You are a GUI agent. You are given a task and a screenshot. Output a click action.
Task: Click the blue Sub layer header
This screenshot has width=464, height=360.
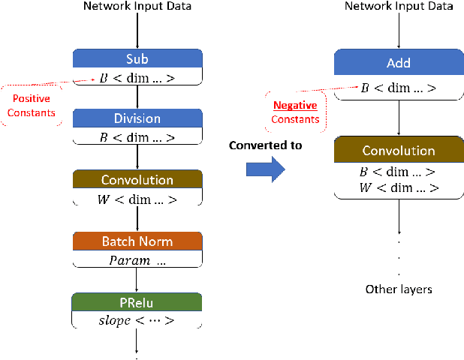137,58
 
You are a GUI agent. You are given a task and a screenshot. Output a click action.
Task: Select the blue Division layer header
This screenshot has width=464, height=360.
137,118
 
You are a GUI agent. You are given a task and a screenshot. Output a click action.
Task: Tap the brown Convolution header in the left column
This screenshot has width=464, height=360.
137,180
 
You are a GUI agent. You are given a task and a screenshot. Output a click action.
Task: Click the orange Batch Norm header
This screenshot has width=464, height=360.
137,241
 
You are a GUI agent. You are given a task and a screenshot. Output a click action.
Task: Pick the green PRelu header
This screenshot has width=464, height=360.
137,302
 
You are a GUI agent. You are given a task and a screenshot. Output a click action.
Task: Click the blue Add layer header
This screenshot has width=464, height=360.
398,64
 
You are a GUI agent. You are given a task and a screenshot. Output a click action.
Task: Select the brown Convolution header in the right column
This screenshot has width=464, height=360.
398,151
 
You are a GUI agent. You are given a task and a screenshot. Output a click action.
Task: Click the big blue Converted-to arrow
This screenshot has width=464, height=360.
266,169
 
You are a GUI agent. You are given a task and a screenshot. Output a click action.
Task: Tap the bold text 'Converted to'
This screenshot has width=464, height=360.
266,145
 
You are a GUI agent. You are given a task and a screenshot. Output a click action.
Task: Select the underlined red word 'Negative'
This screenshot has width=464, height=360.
294,106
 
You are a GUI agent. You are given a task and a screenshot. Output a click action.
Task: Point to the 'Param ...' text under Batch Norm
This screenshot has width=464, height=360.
137,260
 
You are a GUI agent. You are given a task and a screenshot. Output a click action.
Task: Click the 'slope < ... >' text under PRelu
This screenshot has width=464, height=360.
137,321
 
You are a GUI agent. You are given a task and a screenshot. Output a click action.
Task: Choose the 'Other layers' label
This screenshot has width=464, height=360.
398,289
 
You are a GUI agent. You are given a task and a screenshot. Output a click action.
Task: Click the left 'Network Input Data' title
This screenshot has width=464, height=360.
137,7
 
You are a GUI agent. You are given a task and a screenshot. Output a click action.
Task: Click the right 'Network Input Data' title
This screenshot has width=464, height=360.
398,7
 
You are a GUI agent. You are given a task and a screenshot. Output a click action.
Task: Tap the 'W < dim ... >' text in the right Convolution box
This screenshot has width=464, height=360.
398,187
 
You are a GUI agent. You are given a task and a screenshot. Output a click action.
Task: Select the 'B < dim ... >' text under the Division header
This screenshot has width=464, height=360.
137,137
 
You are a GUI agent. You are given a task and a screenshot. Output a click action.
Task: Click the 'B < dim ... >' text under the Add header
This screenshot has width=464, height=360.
398,87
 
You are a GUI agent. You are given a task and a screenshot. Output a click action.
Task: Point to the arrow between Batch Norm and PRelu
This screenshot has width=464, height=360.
137,280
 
